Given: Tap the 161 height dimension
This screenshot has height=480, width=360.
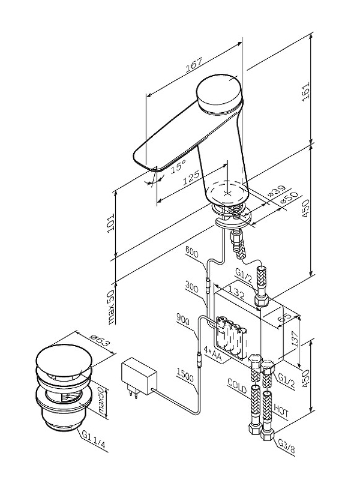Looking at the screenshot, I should tap(306, 92).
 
